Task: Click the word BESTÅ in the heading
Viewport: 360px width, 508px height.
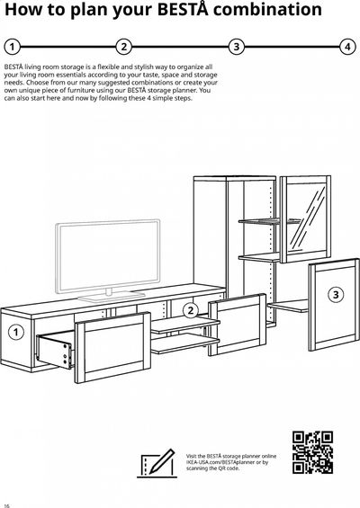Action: coord(184,9)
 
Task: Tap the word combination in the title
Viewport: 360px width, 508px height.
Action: coord(268,9)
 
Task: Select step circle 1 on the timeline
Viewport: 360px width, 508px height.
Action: coord(12,47)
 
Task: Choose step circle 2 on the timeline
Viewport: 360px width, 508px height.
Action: coord(124,47)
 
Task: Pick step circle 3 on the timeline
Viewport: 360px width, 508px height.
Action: coord(237,47)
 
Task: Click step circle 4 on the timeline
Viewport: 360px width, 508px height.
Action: coord(347,47)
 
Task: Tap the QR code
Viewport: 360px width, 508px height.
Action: coord(312,452)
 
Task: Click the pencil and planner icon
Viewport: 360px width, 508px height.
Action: coord(157,463)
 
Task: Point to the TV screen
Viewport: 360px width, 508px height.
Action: coord(108,256)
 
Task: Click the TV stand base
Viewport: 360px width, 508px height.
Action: coord(112,296)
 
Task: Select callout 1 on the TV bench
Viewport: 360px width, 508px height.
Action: coord(15,333)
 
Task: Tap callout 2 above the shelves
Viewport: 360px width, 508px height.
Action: coord(191,310)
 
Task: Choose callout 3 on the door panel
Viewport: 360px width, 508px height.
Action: coord(336,295)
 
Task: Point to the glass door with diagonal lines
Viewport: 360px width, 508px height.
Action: coord(305,219)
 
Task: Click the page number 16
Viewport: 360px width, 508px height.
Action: coord(6,505)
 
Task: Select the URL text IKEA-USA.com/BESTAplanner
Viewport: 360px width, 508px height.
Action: coord(220,462)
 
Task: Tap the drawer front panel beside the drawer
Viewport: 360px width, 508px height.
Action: coord(112,347)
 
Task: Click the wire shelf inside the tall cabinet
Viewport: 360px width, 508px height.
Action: coord(270,221)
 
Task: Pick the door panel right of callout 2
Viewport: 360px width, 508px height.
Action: coord(238,325)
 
